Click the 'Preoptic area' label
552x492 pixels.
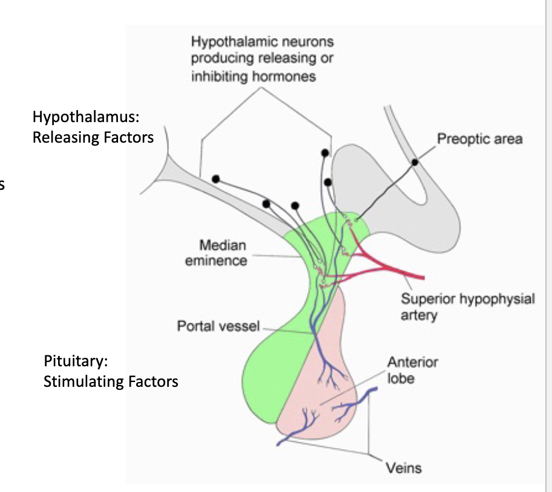479,139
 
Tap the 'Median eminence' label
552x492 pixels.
223,253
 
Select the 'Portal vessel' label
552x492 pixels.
218,326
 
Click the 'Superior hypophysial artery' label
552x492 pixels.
467,307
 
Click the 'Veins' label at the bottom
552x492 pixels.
404,468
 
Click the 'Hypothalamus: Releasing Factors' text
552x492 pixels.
93,127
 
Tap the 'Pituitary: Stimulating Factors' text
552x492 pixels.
111,372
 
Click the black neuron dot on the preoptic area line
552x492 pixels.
415,162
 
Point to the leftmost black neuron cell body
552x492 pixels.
215,179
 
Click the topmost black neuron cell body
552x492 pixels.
325,153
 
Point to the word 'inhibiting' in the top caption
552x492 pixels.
218,77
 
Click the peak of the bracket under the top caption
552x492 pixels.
262,89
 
